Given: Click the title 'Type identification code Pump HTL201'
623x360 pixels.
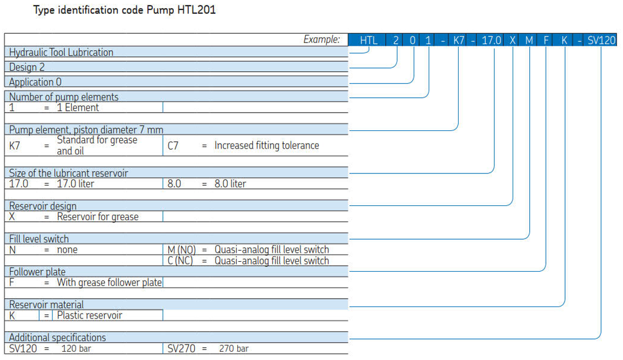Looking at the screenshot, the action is pos(124,10).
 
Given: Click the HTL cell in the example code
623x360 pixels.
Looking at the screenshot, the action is pos(369,40).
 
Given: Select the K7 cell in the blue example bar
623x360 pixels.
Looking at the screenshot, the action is pos(459,40).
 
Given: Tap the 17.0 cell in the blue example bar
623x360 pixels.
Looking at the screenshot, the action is pos(491,40).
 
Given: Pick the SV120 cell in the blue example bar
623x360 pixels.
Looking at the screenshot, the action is pos(601,40).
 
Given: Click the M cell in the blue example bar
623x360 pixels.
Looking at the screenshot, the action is pos(529,40).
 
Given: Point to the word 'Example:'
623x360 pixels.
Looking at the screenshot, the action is pos(322,39).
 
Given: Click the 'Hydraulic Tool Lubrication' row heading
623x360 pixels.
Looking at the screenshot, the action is pos(61,52).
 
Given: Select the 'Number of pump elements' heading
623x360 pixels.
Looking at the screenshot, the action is pos(63,97).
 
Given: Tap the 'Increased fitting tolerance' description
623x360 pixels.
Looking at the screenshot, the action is pos(267,145).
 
